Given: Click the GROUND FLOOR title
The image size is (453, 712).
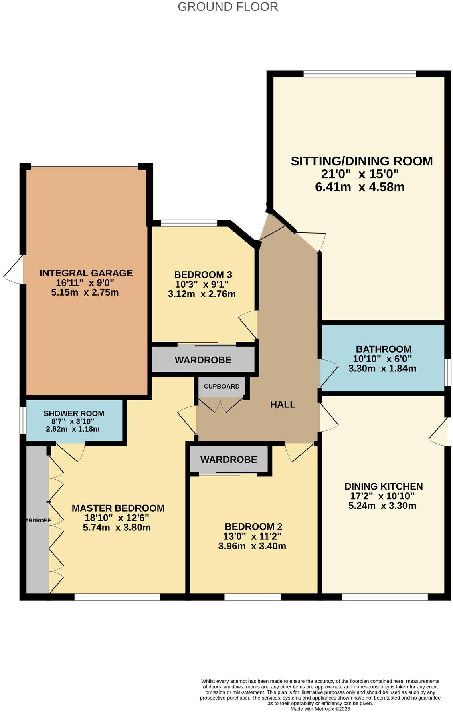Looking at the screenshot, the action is (228, 7).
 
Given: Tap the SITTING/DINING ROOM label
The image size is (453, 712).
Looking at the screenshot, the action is (362, 161).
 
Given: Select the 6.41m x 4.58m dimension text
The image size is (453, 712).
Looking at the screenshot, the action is (360, 187).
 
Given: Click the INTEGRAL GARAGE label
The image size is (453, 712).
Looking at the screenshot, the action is (86, 273).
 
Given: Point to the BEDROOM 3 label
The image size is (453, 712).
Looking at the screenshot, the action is (203, 275).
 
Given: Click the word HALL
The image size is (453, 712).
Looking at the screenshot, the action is (283, 405).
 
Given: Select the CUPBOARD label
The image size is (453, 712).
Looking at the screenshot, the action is (222, 387).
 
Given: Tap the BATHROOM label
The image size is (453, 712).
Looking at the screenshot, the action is (384, 349).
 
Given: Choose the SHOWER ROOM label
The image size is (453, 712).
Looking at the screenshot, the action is (74, 413).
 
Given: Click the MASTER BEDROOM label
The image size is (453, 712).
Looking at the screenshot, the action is (118, 508).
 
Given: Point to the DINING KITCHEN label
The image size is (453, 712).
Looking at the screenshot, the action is (384, 486).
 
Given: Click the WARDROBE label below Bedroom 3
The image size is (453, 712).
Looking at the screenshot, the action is (203, 360).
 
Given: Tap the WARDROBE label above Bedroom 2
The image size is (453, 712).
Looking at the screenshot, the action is (229, 460).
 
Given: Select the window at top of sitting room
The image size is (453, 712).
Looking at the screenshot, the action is (360, 74).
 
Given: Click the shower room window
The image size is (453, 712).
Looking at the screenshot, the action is (23, 420).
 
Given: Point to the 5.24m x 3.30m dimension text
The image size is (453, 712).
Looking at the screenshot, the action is (382, 506).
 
